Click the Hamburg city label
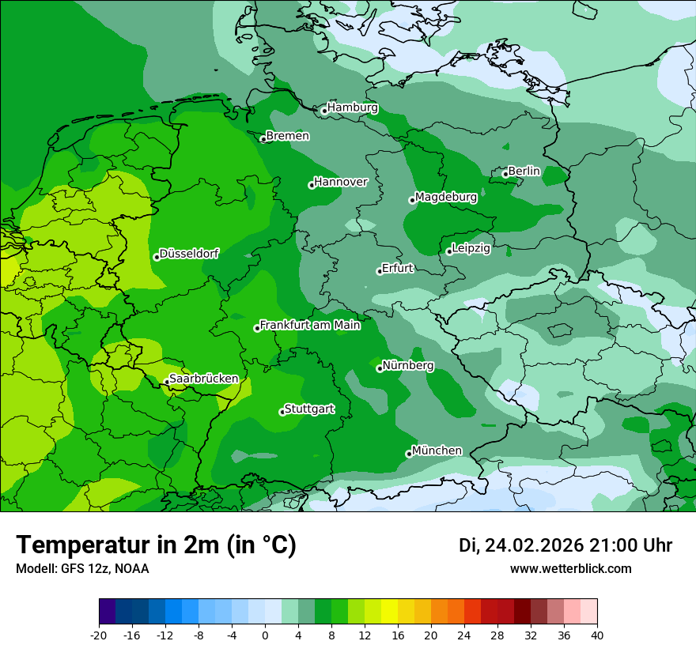tap(353, 107)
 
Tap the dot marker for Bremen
tap(263, 139)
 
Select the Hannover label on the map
tap(341, 182)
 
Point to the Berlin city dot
tap(505, 174)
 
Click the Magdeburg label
tap(446, 197)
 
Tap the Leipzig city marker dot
tap(449, 251)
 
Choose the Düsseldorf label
tap(189, 254)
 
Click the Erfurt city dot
tap(380, 271)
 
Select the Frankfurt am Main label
tap(310, 325)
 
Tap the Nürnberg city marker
tap(380, 368)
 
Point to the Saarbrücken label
tap(204, 379)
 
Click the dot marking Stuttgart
tap(282, 412)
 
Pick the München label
tap(437, 451)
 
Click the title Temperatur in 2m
tap(156, 545)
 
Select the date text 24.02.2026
tap(534, 545)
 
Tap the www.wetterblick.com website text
tap(571, 568)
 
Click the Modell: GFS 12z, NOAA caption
tap(82, 568)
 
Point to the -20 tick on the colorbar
tap(99, 635)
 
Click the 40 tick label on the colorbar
tap(597, 635)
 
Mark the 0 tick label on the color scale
tap(265, 635)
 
